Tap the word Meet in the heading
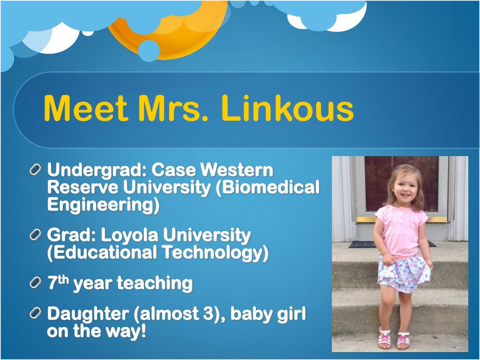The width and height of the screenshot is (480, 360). click(x=86, y=109)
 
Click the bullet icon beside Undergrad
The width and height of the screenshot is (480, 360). click(x=36, y=170)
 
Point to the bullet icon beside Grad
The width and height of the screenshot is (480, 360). click(x=36, y=235)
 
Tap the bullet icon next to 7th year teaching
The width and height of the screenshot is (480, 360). click(x=36, y=282)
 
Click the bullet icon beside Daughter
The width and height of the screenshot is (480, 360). click(x=36, y=313)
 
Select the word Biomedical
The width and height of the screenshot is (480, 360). click(x=268, y=187)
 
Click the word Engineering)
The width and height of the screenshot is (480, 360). click(x=104, y=205)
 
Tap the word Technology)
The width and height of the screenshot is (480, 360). click(x=215, y=253)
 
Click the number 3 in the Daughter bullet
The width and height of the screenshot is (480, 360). click(x=208, y=314)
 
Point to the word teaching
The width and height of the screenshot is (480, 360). click(x=155, y=284)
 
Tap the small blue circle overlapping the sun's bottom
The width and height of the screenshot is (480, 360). click(x=149, y=51)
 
